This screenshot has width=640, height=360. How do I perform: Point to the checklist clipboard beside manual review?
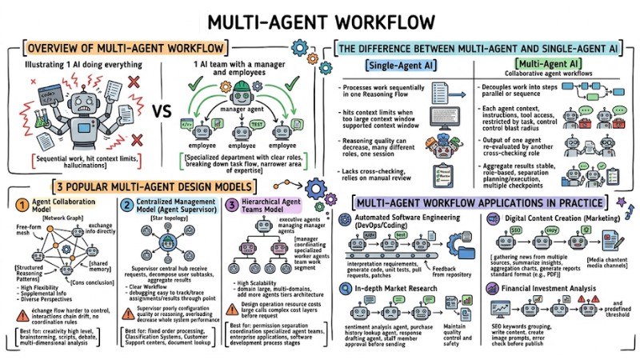(441, 174)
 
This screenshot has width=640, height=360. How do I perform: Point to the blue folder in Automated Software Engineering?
(462, 242)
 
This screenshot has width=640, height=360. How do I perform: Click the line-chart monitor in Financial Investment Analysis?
(502, 309)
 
